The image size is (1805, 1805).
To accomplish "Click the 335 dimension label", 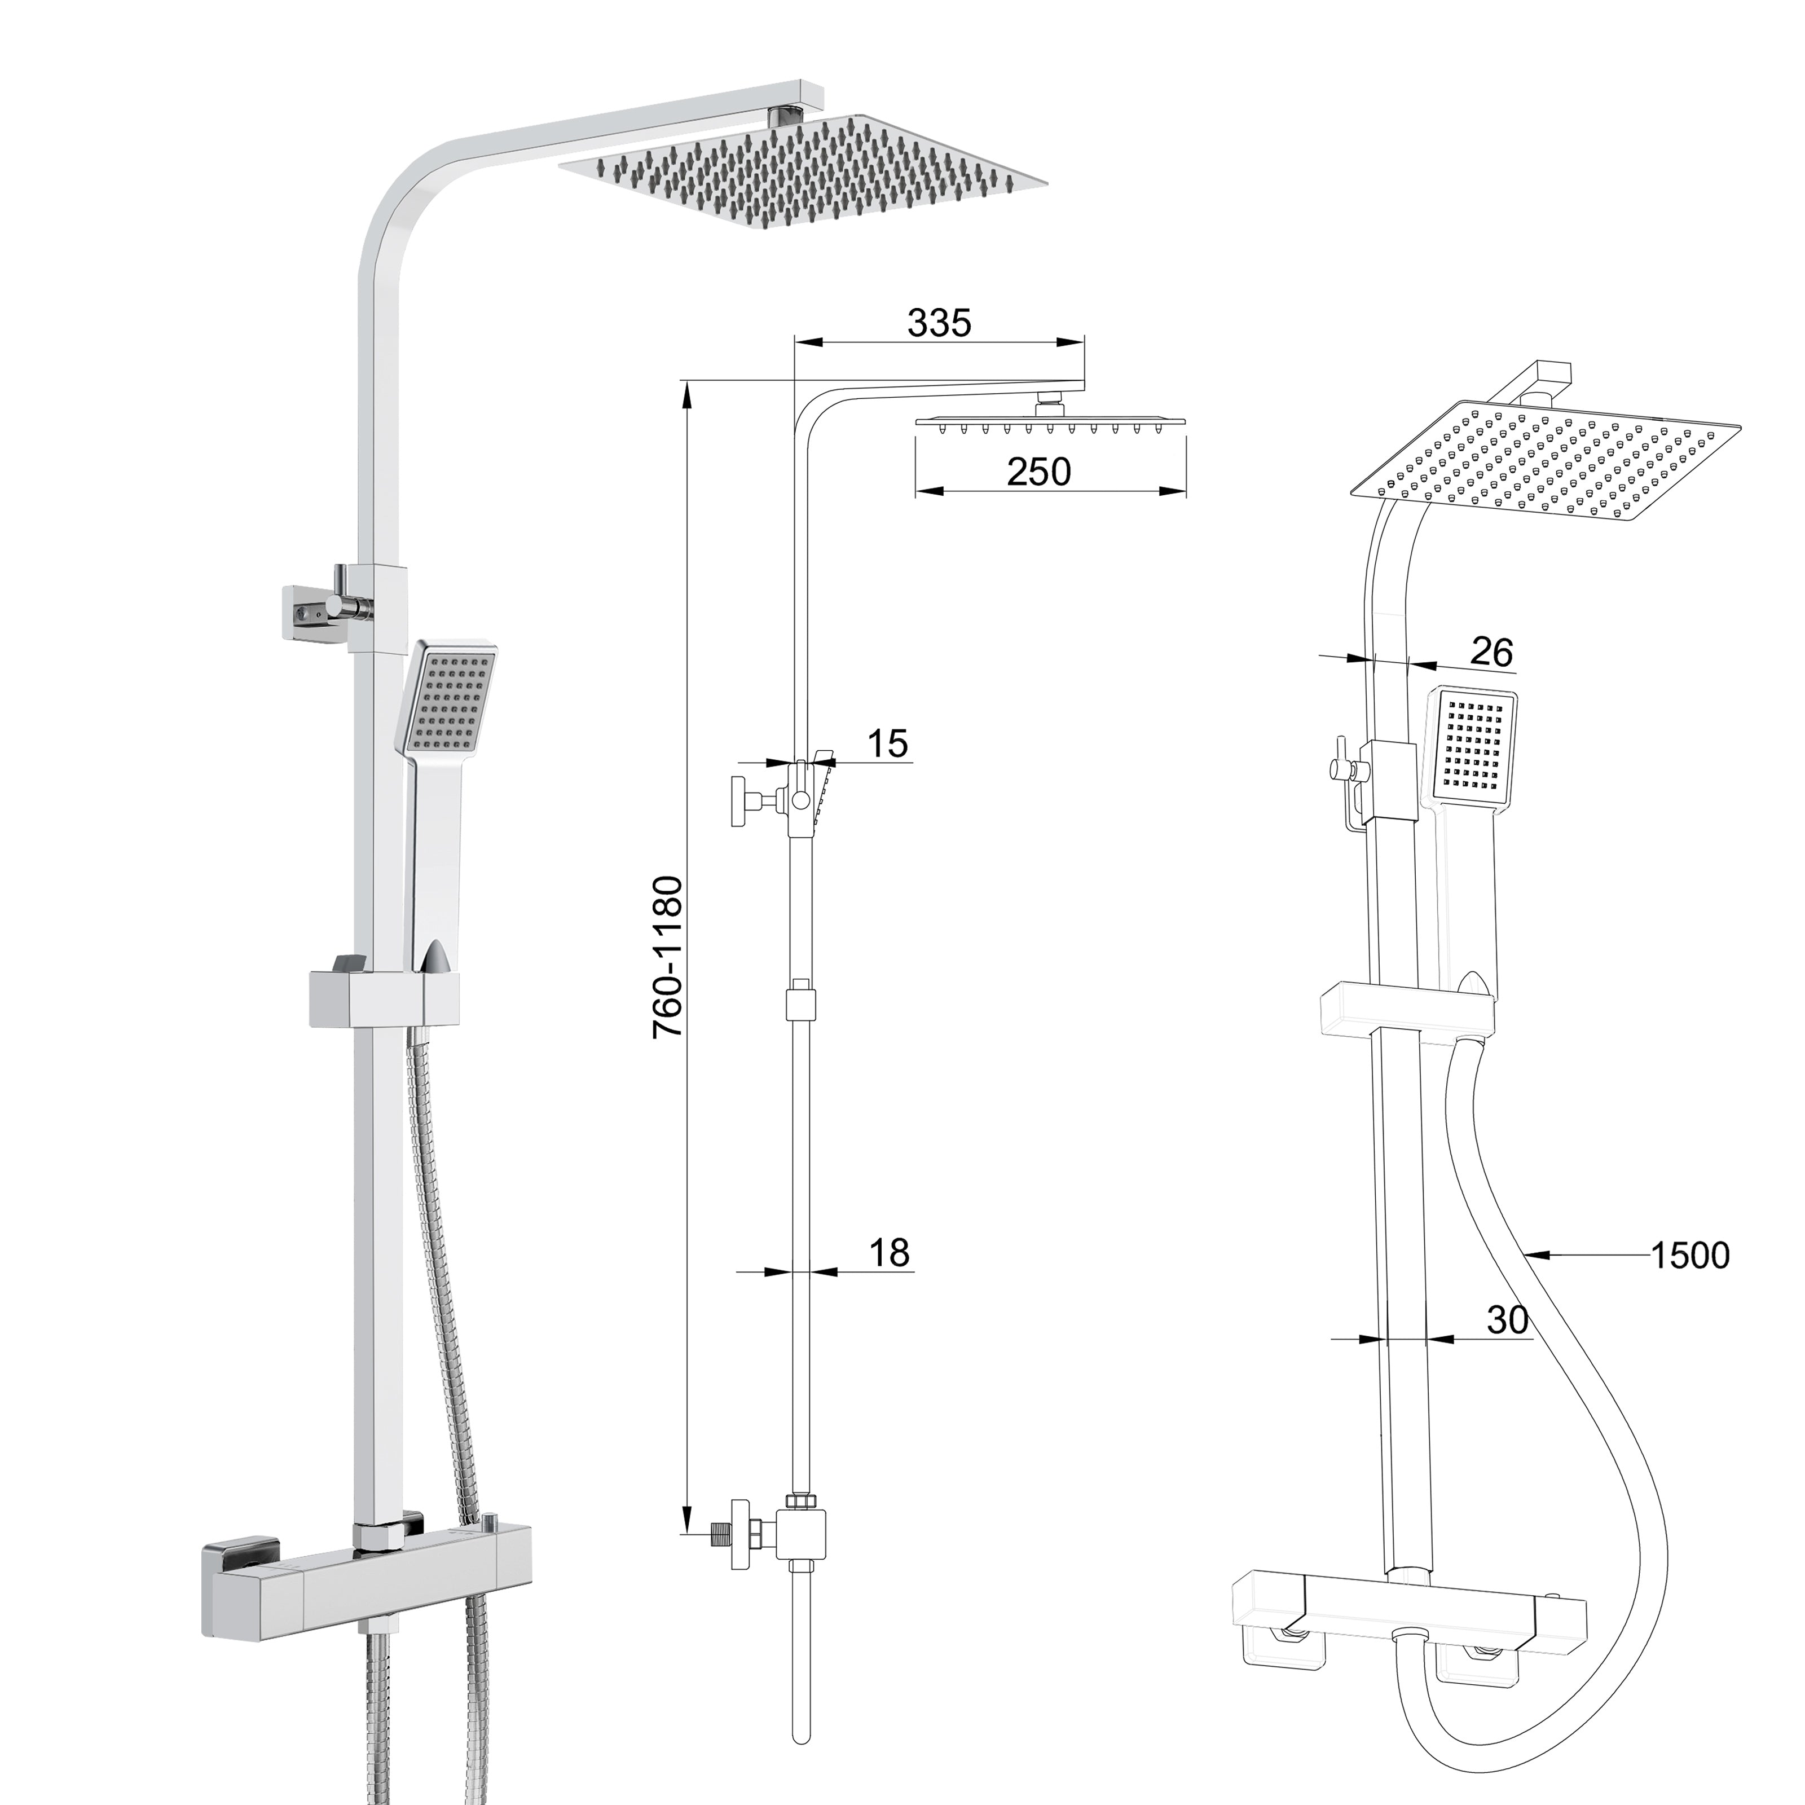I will (x=939, y=323).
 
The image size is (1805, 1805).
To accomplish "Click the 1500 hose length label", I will (x=1690, y=1256).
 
